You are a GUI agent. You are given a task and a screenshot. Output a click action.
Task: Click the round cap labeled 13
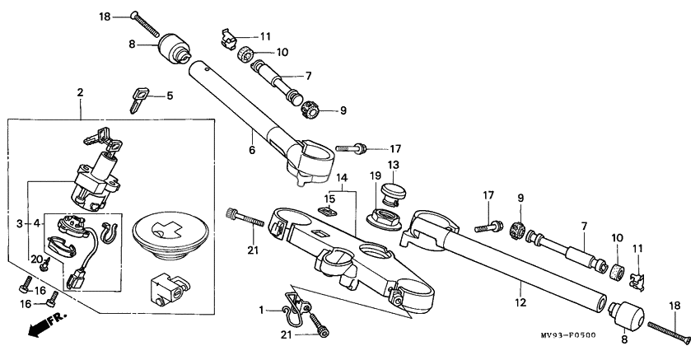click(393, 195)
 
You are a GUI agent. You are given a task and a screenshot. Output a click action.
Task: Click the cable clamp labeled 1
click(293, 306)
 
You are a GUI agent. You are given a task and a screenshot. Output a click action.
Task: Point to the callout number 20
click(37, 258)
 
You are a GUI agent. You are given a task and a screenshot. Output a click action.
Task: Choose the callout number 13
click(393, 165)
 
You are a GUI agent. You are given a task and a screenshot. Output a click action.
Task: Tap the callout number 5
click(169, 96)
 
